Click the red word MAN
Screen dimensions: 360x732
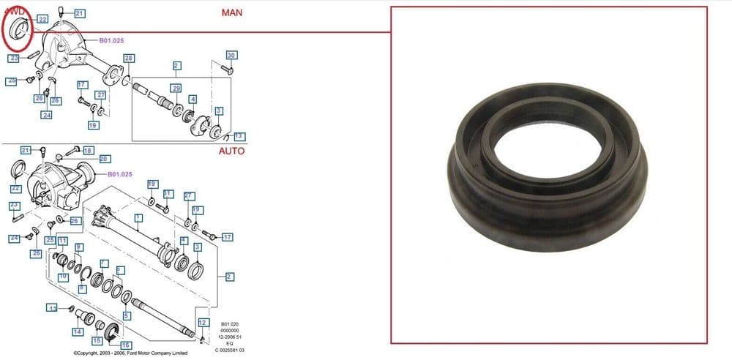point(232,13)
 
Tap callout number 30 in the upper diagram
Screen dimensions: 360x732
point(231,56)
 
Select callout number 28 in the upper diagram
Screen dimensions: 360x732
point(129,58)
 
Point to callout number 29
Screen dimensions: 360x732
point(176,88)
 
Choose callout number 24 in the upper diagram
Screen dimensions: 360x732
point(47,115)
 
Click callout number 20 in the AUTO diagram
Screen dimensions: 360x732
point(104,159)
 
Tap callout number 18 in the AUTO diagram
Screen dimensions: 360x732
point(88,150)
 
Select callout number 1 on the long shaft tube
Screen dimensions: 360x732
point(138,217)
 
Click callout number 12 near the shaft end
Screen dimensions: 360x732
point(203,322)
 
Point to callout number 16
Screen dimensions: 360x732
point(126,345)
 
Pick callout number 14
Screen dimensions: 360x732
point(78,331)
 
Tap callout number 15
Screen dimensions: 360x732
point(97,341)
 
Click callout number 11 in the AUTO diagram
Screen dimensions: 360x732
point(63,241)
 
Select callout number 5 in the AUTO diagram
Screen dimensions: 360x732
point(127,315)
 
